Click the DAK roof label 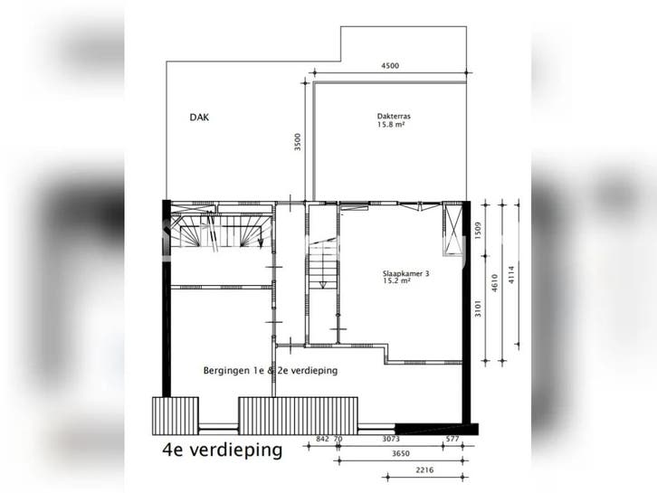[199, 118]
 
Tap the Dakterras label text [394, 117]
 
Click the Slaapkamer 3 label [405, 274]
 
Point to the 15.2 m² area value [396, 281]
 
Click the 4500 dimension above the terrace [390, 65]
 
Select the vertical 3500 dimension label [298, 142]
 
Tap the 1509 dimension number [479, 231]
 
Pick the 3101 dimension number [479, 308]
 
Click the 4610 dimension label [494, 283]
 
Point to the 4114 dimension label [510, 275]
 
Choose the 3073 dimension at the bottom [391, 439]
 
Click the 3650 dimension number [401, 453]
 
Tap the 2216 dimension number [424, 470]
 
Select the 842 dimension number [322, 439]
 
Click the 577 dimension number [453, 439]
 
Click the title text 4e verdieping [222, 450]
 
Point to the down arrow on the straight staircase [323, 284]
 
